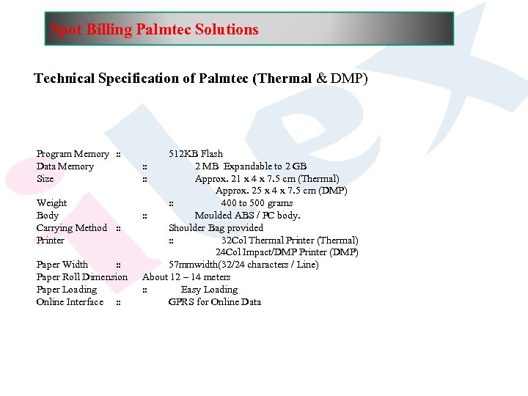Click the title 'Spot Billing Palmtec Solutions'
(x=154, y=30)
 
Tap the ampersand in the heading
(x=321, y=78)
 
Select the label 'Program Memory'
(x=73, y=154)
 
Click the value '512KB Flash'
(x=196, y=154)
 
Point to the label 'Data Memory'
(x=65, y=166)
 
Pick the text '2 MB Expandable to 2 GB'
(x=251, y=166)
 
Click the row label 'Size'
(x=45, y=179)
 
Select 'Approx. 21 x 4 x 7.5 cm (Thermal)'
(x=267, y=179)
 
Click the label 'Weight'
(x=51, y=203)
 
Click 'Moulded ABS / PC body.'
(x=247, y=216)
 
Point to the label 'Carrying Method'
(x=72, y=228)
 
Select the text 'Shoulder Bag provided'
(x=216, y=228)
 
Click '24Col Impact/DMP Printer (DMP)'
(x=287, y=252)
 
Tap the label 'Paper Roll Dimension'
(x=82, y=277)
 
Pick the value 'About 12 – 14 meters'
(x=186, y=277)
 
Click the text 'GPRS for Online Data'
(x=215, y=302)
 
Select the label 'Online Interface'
(x=70, y=302)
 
